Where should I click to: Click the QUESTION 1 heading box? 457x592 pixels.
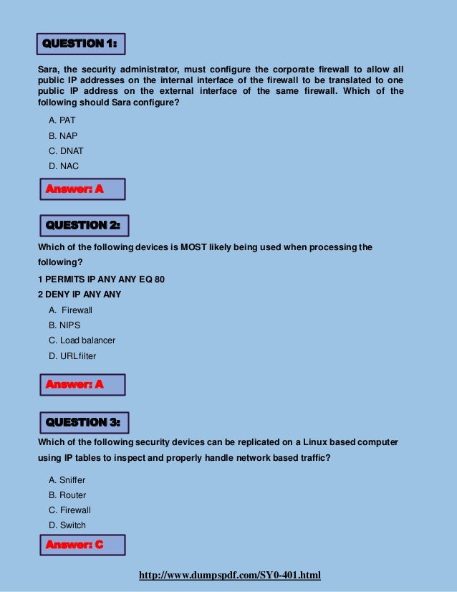tap(80, 44)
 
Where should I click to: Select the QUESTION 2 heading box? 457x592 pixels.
tap(82, 225)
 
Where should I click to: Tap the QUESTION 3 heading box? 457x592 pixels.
tap(82, 422)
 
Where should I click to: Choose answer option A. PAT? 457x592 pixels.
tap(62, 120)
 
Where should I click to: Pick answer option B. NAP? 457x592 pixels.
tap(62, 135)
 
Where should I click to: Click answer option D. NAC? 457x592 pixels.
tap(63, 166)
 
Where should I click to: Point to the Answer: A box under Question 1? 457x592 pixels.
tap(81, 189)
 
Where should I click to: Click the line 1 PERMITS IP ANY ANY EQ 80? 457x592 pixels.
tap(101, 279)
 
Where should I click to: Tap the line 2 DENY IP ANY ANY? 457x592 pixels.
tap(79, 295)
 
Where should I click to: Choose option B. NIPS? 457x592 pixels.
tap(64, 325)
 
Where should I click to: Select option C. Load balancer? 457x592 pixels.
tap(82, 340)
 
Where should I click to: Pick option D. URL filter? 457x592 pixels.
tap(72, 356)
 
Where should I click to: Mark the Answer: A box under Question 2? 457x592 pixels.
tap(81, 385)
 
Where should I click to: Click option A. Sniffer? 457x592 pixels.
tap(67, 480)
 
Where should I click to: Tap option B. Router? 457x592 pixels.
tap(67, 495)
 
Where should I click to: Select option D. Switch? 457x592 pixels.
tap(67, 525)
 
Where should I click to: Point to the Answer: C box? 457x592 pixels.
tap(81, 545)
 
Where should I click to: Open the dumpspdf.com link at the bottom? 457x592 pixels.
tap(229, 576)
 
